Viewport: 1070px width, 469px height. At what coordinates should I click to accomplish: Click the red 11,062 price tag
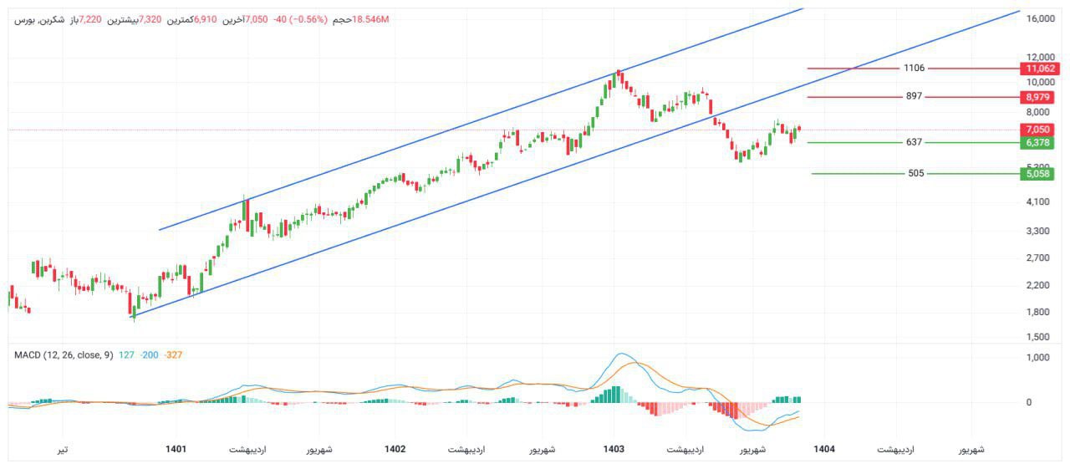(x=1041, y=69)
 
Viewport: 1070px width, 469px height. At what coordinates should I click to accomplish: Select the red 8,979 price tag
(x=1041, y=97)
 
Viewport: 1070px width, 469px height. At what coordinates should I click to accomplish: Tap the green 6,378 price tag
(x=1041, y=143)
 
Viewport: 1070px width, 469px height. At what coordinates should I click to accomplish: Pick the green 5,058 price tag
(x=1041, y=174)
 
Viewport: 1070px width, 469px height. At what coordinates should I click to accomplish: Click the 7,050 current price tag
(x=1041, y=130)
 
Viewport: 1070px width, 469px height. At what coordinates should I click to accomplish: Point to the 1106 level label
(x=914, y=68)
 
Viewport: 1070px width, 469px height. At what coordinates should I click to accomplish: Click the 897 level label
(x=914, y=96)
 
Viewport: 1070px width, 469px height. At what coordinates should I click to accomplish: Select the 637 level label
(x=914, y=142)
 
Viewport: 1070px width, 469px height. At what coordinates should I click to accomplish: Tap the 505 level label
(x=915, y=174)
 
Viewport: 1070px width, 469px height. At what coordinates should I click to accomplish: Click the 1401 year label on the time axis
(x=176, y=449)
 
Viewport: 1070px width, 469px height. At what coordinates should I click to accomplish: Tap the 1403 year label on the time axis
(x=614, y=449)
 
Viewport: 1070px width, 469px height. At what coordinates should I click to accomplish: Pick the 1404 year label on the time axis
(x=823, y=449)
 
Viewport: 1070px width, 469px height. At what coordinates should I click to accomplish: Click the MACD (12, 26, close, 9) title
(x=64, y=355)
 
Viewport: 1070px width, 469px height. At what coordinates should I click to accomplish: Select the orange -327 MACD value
(x=173, y=355)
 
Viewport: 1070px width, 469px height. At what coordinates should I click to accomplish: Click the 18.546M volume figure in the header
(x=371, y=19)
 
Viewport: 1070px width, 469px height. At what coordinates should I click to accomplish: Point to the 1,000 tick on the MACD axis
(x=1038, y=358)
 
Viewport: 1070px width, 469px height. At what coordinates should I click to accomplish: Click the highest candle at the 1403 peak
(x=618, y=77)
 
